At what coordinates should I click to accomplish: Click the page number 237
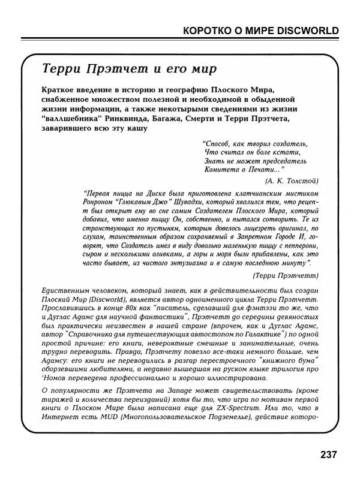(x=328, y=455)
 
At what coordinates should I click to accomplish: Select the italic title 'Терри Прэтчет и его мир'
(x=127, y=68)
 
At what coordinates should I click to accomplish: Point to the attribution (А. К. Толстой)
(x=291, y=180)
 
